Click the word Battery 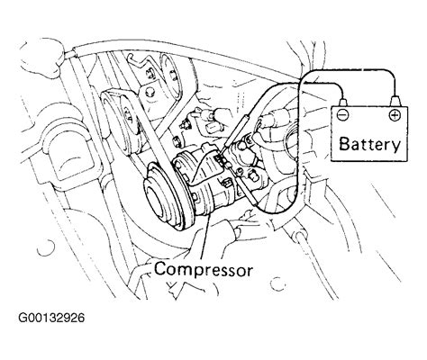click(x=368, y=144)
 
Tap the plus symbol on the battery click(x=394, y=116)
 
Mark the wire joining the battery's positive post click(x=360, y=76)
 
